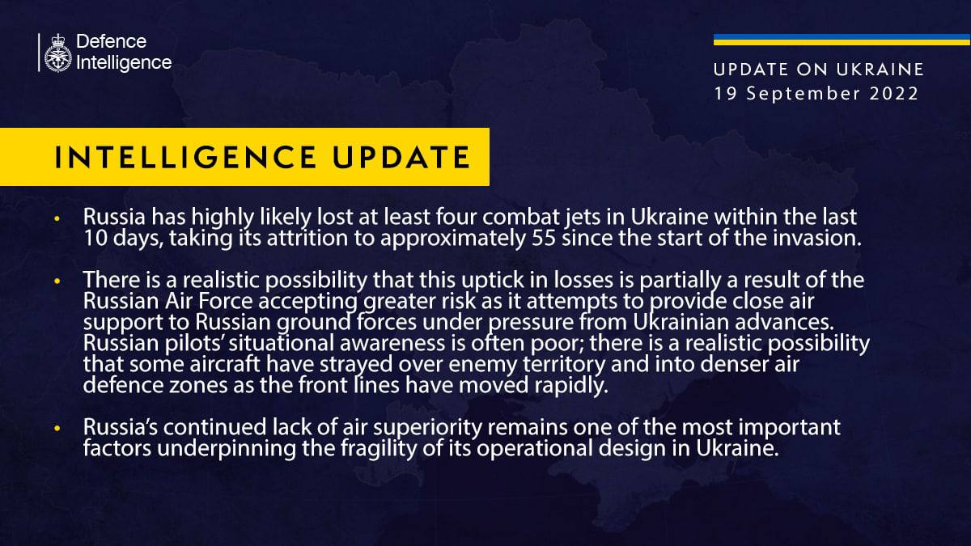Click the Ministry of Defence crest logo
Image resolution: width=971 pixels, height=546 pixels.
click(x=57, y=53)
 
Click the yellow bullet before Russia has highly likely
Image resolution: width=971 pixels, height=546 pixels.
click(x=57, y=219)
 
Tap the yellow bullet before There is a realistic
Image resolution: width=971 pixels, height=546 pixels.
click(x=57, y=281)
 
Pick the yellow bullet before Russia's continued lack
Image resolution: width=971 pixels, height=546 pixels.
click(x=57, y=426)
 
